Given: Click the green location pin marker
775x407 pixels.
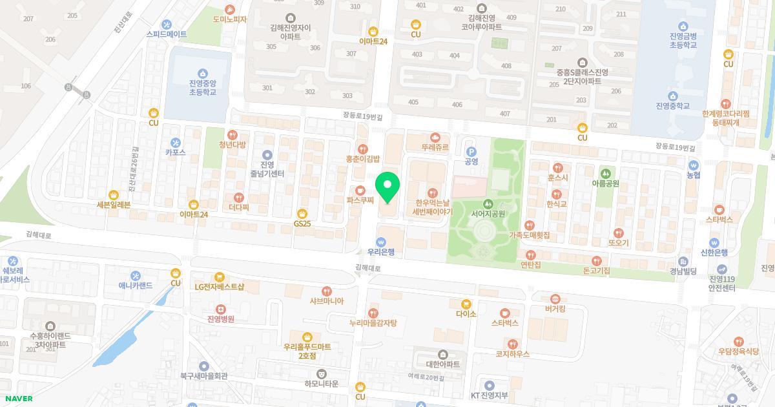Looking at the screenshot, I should (387, 187).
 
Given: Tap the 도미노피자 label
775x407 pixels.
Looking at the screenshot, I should (230, 19).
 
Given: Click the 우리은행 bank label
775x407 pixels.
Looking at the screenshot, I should (380, 252).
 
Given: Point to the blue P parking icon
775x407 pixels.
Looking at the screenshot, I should (471, 151).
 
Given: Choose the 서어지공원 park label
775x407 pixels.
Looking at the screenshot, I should (488, 213).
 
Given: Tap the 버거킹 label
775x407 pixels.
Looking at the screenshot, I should (555, 309).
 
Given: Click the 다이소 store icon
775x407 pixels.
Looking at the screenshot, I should (466, 304).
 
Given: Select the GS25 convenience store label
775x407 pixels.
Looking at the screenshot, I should (302, 224).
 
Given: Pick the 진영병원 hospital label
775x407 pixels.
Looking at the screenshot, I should (220, 319).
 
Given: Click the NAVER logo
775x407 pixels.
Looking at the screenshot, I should (17, 399).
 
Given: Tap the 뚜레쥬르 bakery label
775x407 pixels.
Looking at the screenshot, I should (435, 147).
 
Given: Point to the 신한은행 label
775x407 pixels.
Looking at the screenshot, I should (714, 253).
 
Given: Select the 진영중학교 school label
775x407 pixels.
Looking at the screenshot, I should (672, 106).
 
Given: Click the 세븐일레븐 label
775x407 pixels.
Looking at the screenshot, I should (114, 205).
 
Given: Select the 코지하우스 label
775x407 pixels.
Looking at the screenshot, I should (512, 354).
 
